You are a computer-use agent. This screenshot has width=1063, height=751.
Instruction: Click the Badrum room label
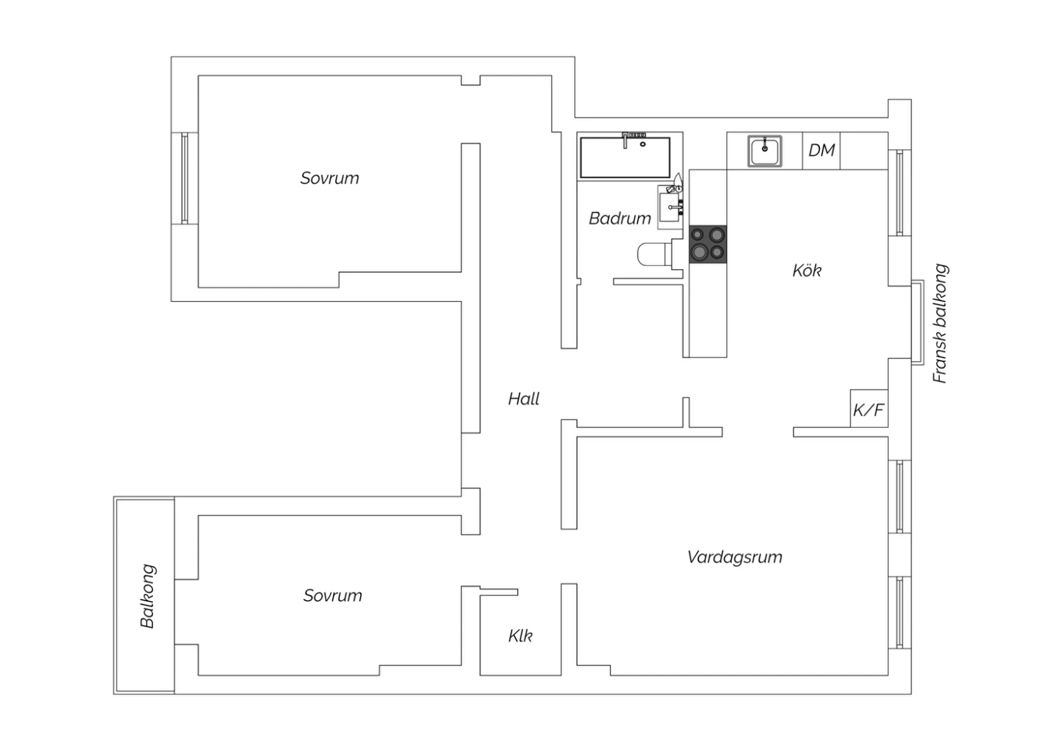pos(620,218)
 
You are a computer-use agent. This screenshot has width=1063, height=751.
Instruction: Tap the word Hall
pos(524,399)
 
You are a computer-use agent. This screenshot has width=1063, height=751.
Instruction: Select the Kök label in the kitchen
pos(806,271)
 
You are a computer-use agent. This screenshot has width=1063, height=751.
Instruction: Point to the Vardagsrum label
pos(735,557)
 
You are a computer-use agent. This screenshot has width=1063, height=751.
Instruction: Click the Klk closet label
pos(520,636)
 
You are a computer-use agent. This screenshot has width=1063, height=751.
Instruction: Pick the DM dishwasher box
pos(821,150)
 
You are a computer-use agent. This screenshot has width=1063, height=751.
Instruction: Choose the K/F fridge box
pos(869,409)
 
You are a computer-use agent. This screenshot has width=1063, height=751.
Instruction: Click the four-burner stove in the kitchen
pos(707,244)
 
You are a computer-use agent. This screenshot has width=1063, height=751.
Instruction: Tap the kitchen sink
pos(765,152)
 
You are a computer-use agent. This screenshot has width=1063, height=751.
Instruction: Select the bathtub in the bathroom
pos(625,157)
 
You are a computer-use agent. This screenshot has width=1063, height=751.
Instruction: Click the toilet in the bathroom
pos(655,254)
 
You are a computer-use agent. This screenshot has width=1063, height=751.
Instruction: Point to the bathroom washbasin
pos(670,208)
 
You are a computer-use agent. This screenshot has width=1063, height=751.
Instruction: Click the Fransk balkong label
pos(940,324)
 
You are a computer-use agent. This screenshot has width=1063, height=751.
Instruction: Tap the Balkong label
pos(147,596)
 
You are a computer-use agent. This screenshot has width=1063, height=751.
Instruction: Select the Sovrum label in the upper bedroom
pos(330,179)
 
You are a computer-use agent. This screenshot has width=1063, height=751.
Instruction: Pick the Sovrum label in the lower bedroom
pos(332,595)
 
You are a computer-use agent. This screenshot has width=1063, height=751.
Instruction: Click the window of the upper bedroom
pos(184,178)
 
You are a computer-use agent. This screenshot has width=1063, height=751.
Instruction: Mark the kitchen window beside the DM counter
pos(899,193)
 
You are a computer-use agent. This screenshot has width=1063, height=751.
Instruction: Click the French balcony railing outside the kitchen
pos(918,322)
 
